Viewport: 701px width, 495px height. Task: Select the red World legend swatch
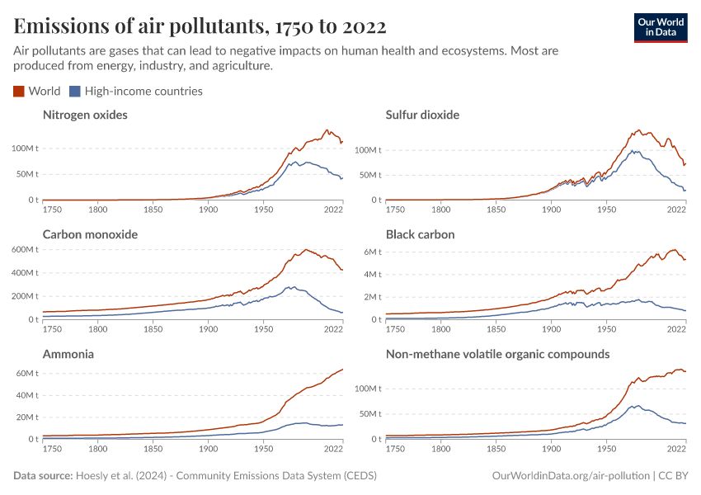coord(19,92)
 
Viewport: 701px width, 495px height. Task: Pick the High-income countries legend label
coord(143,92)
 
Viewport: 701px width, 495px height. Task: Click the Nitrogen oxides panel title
coord(85,115)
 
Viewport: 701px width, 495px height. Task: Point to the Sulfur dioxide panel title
coord(422,115)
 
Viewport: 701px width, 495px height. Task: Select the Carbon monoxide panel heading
coord(90,234)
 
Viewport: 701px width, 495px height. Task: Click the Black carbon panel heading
coord(420,234)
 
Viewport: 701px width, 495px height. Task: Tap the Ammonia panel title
coord(68,354)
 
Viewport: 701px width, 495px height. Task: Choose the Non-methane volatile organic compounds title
coord(497,354)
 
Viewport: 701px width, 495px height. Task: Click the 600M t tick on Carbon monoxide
coord(22,249)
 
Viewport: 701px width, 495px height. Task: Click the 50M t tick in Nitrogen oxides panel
coord(25,174)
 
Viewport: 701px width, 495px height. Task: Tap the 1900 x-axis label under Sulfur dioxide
coord(551,211)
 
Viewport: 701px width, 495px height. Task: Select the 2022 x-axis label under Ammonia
coord(333,450)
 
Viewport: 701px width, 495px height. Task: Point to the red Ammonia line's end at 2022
coord(342,369)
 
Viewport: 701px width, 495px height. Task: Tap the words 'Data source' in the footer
coord(43,476)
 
